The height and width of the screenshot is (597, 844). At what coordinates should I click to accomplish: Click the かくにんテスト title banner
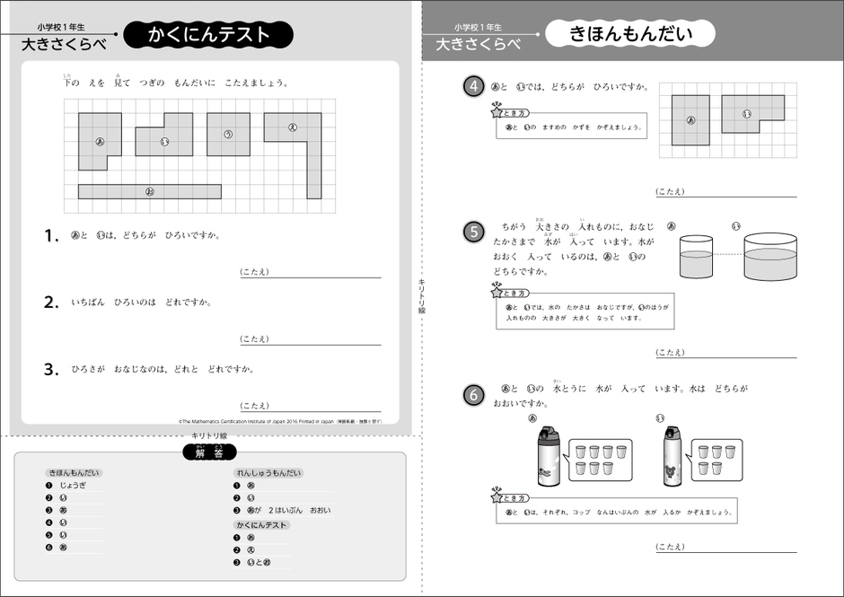pyautogui.click(x=208, y=35)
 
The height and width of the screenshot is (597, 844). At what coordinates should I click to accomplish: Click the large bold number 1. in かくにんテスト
pyautogui.click(x=51, y=236)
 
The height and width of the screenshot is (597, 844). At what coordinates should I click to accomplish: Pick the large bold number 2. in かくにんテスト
pyautogui.click(x=51, y=303)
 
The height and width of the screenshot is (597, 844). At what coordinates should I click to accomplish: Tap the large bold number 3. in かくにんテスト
pyautogui.click(x=51, y=369)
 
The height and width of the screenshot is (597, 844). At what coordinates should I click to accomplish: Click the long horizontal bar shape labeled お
pyautogui.click(x=149, y=191)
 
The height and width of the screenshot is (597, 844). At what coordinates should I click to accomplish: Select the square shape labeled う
pyautogui.click(x=228, y=134)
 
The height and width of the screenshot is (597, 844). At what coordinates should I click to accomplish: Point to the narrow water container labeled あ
pyautogui.click(x=697, y=258)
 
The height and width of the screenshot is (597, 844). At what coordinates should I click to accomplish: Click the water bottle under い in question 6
pyautogui.click(x=673, y=458)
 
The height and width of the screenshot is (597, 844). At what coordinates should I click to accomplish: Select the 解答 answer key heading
pyautogui.click(x=207, y=453)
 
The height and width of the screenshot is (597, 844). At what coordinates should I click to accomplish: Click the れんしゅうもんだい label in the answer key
pyautogui.click(x=268, y=472)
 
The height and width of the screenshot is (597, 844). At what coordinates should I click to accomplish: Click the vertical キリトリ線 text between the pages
pyautogui.click(x=421, y=296)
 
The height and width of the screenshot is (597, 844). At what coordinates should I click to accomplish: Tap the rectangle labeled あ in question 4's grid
pyautogui.click(x=690, y=119)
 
